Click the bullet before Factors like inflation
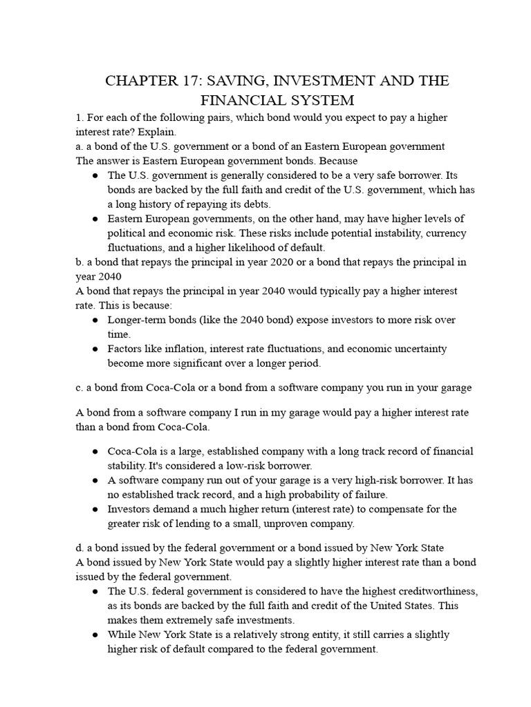[x=94, y=349]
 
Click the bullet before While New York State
[x=94, y=635]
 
